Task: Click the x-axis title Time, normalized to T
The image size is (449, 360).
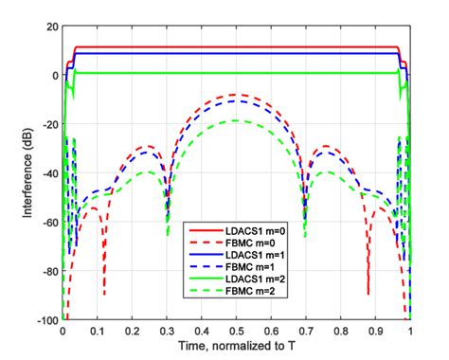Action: pyautogui.click(x=237, y=349)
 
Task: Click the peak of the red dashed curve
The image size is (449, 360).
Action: pyautogui.click(x=237, y=95)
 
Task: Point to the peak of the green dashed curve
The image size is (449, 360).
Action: pyautogui.click(x=237, y=121)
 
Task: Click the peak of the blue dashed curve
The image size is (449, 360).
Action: pyautogui.click(x=237, y=100)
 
